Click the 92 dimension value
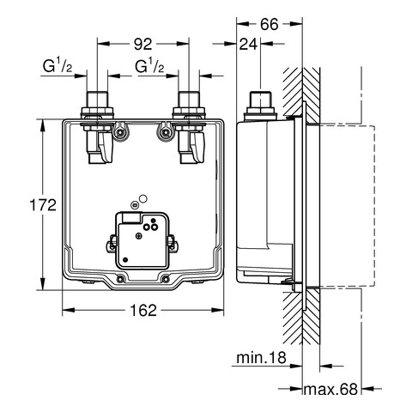(143, 44)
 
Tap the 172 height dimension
(43, 205)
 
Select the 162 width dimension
(143, 310)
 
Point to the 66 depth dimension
(270, 24)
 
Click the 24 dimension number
(248, 44)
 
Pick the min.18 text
(261, 357)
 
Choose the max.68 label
(330, 389)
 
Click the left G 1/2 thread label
(58, 66)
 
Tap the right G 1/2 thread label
(149, 66)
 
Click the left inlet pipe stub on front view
(97, 99)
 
